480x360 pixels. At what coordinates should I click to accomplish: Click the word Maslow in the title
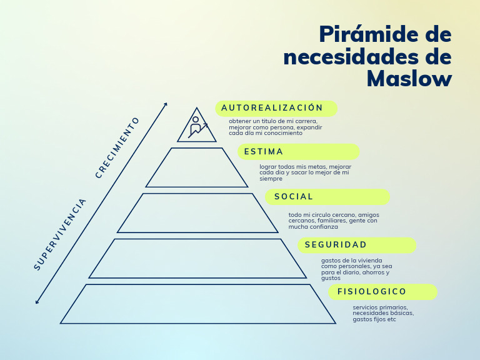click(409, 78)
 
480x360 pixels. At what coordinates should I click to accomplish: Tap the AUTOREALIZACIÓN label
click(273, 108)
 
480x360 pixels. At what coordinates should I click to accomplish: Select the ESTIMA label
click(264, 152)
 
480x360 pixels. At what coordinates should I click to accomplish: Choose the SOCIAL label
click(294, 197)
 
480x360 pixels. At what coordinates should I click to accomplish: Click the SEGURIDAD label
click(336, 245)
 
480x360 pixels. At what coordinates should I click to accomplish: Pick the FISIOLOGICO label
click(372, 292)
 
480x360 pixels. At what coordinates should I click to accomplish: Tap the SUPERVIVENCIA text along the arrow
click(60, 234)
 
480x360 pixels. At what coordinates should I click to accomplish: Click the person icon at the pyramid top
click(196, 127)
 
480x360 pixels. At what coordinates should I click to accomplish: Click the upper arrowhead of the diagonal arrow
click(166, 104)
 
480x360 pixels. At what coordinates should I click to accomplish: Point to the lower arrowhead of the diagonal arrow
click(37, 302)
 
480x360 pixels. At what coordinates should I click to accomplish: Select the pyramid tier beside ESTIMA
click(197, 167)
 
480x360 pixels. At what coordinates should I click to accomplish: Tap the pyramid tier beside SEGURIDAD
click(197, 258)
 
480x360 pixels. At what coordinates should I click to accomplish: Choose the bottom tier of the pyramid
click(197, 304)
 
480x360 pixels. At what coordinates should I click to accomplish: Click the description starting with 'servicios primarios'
click(382, 313)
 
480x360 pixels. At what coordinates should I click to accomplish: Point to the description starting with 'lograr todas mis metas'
click(305, 172)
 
